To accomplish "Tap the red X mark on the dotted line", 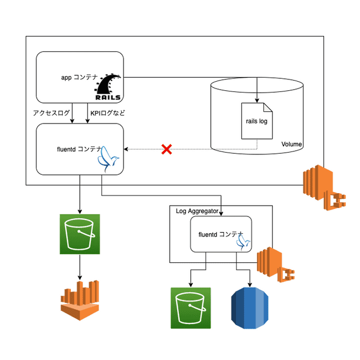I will tap(166, 150).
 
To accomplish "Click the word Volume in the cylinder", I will tap(291, 145).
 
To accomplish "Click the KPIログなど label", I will tap(107, 113).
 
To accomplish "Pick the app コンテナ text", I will tap(79, 77).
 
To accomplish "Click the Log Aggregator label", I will tap(197, 211).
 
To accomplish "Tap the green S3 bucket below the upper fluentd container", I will tap(79, 234).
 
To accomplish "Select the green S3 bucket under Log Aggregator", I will tap(190, 308).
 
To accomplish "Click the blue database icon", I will tap(250, 308).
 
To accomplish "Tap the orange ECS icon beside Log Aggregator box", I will tap(273, 265).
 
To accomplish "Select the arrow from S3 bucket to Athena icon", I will tap(79, 266).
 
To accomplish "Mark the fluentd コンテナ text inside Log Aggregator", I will tap(221, 234).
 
